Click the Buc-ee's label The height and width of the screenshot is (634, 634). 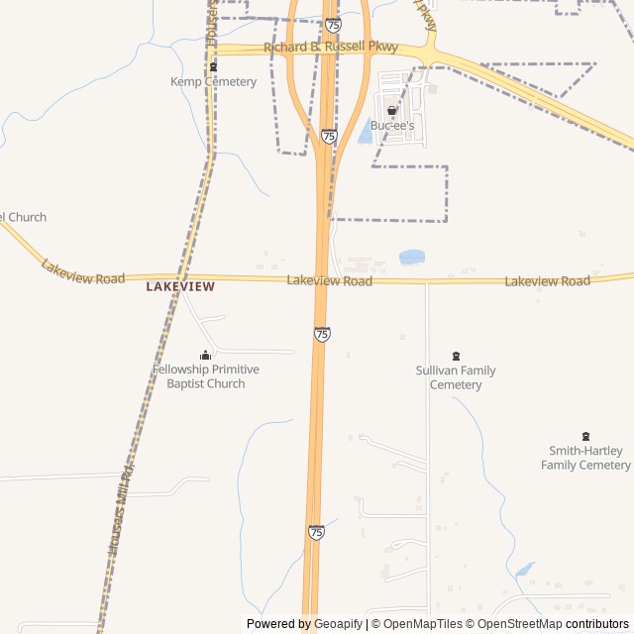pos(392,126)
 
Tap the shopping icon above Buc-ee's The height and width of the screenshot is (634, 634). pos(392,111)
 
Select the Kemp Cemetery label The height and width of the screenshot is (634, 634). pos(213,81)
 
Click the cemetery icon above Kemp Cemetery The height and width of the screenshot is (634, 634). pos(213,66)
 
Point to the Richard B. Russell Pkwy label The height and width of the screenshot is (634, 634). pos(330,47)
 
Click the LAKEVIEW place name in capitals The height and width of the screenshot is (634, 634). pos(180,286)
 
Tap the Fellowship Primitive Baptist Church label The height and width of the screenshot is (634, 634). pos(206,376)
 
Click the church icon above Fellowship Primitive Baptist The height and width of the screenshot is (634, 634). pos(206,355)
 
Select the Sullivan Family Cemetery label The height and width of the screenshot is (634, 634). pos(456,377)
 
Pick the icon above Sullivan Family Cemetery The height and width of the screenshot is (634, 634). pos(456,356)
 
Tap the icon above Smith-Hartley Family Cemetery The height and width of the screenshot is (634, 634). pos(585,436)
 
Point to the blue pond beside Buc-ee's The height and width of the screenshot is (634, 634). pos(366,131)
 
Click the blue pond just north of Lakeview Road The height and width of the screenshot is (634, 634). pos(411,258)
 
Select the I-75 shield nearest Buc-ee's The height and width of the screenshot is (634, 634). pos(329,136)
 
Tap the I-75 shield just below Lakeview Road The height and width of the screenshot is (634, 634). pos(322,334)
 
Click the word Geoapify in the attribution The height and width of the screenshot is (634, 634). pos(339,624)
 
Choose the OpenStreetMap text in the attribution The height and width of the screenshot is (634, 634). pos(515,624)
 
